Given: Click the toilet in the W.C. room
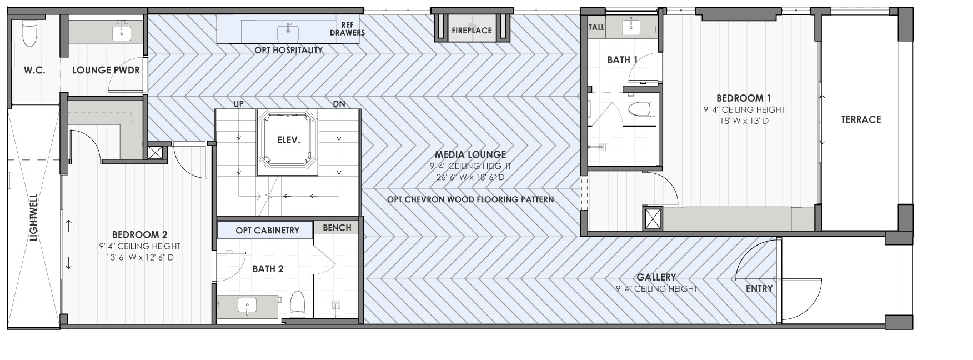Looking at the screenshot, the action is tap(29, 33).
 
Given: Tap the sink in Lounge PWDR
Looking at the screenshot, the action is tap(122, 33).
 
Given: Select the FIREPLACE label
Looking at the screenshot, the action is tap(472, 31).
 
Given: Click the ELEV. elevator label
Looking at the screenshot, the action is tap(288, 140).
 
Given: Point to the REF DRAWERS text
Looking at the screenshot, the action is tap(348, 29).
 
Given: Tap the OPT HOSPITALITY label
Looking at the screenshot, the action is tap(288, 50).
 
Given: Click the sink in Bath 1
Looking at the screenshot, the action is tap(631, 26).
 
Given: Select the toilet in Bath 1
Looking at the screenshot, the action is tap(642, 108).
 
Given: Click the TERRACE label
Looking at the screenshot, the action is tap(861, 119).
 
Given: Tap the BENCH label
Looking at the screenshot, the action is tap(337, 228).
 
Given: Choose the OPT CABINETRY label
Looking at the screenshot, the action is tap(267, 230).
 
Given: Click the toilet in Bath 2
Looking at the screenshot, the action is tap(298, 304).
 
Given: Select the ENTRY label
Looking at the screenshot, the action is tap(759, 289).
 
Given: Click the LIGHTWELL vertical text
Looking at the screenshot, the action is tap(33, 217).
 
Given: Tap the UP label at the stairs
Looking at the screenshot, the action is tap(238, 104).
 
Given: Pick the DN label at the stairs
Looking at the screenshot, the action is tap(339, 104).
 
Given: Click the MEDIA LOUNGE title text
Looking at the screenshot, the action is tap(470, 154).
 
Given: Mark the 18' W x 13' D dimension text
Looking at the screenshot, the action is tap(744, 121).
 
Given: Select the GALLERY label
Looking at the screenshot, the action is tap(656, 277).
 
